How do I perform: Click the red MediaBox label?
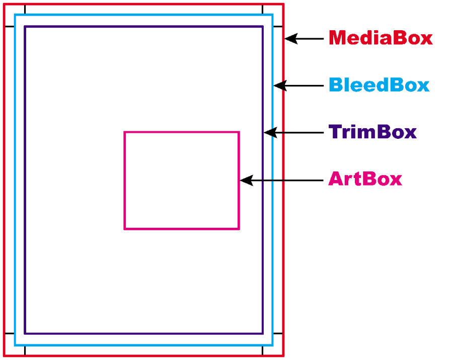pos(381,38)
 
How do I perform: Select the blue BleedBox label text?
pos(380,85)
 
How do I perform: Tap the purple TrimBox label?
pos(372,132)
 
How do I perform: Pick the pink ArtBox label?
pos(365,178)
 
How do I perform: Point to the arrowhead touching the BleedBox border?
pos(280,85)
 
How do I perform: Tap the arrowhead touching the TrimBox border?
pos(270,133)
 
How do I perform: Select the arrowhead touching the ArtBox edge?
pos(247,181)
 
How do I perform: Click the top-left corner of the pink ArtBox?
pos(124,132)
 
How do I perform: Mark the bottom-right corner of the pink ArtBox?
pos(239,229)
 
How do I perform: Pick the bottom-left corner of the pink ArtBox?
pos(124,229)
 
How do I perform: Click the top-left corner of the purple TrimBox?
pos(25,27)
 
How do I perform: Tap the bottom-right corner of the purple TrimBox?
pos(263,334)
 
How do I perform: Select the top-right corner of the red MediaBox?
pos(283,4)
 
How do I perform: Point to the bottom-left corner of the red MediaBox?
pos(4,356)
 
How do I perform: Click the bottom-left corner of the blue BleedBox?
pos(15,345)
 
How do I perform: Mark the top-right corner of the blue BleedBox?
pos(272,15)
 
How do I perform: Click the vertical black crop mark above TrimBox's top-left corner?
pos(25,9)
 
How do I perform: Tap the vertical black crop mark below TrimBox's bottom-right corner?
pos(263,350)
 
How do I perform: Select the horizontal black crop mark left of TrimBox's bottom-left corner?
pos(9,334)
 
